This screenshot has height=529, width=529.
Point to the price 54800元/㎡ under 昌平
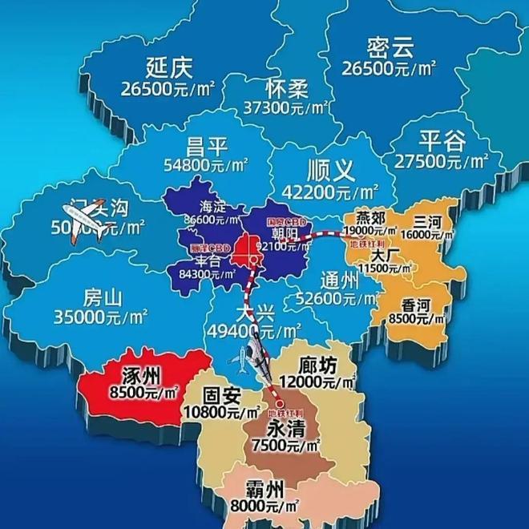206,167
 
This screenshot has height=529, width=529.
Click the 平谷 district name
442,141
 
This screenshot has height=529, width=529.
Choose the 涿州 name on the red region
140,375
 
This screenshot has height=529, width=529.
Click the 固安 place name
222,395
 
